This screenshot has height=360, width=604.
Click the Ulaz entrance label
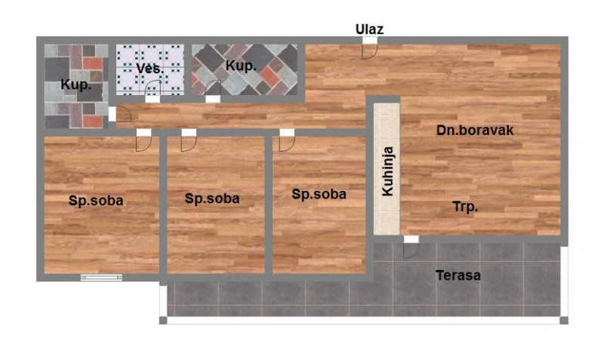point(369,29)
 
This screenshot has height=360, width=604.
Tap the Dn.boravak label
point(475,130)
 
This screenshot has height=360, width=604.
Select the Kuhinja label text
point(387,171)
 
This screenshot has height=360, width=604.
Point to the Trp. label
point(465,207)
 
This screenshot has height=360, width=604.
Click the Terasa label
point(458,275)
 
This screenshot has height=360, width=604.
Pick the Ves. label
point(149,69)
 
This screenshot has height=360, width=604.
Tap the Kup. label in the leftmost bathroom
point(76,85)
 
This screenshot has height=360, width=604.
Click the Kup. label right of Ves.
point(241,66)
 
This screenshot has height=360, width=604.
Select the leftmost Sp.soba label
point(96,200)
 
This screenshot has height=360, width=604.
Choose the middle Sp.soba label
point(212,198)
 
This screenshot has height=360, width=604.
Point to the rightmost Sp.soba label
point(319,194)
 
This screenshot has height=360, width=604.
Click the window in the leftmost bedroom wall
point(101,277)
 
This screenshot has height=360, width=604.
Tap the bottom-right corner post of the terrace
point(564,320)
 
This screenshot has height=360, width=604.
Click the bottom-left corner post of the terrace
point(163,320)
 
